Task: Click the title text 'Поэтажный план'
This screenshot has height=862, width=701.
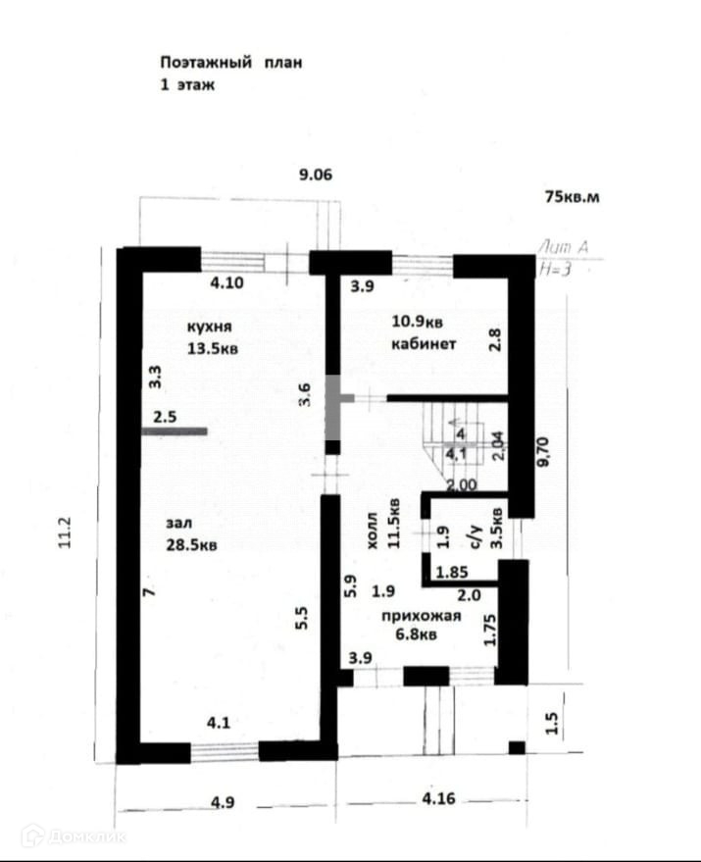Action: (x=231, y=62)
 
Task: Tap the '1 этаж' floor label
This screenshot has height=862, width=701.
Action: (x=186, y=85)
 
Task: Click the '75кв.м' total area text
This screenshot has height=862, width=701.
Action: (x=572, y=196)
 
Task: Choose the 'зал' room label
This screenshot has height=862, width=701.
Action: (x=179, y=526)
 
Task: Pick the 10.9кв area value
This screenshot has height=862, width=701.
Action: (x=418, y=322)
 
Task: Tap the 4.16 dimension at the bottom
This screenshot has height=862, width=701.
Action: (x=438, y=800)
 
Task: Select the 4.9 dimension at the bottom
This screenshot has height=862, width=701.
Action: (x=223, y=802)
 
